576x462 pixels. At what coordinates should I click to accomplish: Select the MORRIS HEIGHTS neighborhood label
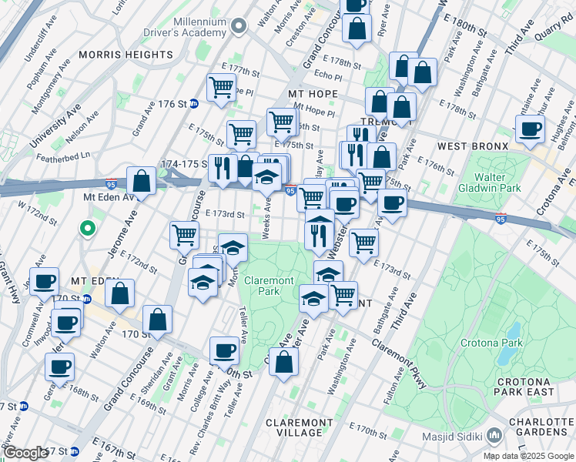tap(126, 55)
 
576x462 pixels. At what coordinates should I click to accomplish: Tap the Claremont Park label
tap(269, 286)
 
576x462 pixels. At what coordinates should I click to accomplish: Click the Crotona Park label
tap(492, 343)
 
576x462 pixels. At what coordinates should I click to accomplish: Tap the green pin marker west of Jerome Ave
tap(88, 229)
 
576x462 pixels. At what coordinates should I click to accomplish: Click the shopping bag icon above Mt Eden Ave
tap(142, 182)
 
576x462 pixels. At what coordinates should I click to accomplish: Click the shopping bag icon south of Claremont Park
tap(283, 363)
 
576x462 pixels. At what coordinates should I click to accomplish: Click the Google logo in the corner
tap(25, 452)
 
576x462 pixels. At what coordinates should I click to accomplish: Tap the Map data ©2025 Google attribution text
tap(528, 456)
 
